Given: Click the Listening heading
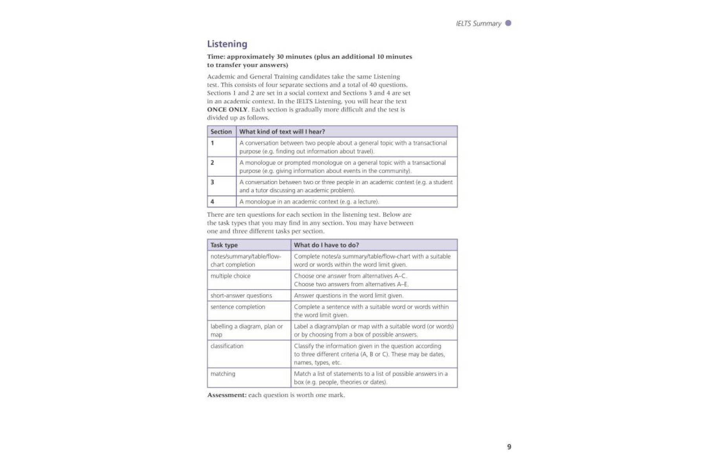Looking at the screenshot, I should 227,44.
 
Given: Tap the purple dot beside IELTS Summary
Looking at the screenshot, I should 508,23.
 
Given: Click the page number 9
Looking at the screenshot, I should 509,447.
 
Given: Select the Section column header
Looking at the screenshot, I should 221,131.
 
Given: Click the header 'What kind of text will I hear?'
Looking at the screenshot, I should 282,131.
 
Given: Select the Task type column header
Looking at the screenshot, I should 224,245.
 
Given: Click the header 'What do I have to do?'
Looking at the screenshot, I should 326,245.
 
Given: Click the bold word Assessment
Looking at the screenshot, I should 227,395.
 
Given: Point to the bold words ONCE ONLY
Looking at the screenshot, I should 227,110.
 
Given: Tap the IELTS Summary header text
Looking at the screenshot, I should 478,24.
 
